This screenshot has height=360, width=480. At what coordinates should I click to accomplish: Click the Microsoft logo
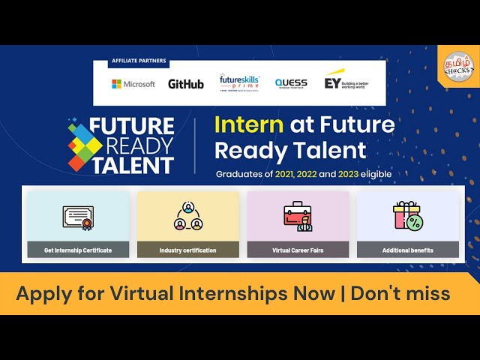click(x=133, y=84)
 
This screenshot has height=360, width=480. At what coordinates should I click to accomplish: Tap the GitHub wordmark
click(x=185, y=84)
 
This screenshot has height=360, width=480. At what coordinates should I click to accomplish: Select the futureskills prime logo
click(x=239, y=82)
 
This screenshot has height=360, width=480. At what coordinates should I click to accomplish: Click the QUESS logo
click(x=290, y=83)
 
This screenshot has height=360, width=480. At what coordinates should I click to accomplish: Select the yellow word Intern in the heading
click(x=248, y=124)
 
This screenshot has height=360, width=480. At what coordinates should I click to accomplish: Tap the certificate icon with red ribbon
click(x=78, y=217)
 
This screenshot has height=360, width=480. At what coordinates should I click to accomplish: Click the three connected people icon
click(x=187, y=217)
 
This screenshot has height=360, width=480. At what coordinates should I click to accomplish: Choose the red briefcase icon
click(x=298, y=217)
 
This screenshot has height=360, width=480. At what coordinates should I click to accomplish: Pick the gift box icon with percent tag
click(x=407, y=216)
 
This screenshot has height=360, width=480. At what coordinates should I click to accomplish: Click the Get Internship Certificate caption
click(x=78, y=250)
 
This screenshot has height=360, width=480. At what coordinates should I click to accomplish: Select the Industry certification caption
click(x=187, y=250)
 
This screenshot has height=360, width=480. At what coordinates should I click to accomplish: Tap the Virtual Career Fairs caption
click(x=298, y=250)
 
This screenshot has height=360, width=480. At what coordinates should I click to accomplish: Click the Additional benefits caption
click(x=407, y=250)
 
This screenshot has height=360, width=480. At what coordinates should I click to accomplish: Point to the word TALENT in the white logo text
click(x=132, y=165)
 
